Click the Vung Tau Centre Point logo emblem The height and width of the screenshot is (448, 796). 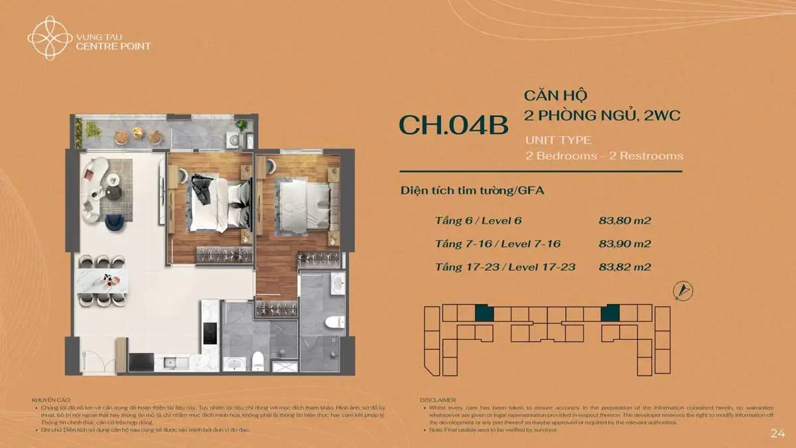(x=50, y=37)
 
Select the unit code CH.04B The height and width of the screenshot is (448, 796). (x=453, y=125)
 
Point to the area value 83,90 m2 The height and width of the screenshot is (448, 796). (x=624, y=244)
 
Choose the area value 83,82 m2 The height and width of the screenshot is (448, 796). (x=624, y=267)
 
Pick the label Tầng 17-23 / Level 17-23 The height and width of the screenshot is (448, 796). (x=505, y=267)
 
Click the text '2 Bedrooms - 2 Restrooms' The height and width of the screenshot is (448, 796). (x=604, y=156)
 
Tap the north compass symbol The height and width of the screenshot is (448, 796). (x=683, y=290)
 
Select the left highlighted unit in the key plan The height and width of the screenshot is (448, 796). (x=484, y=313)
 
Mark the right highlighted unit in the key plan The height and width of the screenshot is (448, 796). (x=610, y=313)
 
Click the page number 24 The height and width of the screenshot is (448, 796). (x=777, y=433)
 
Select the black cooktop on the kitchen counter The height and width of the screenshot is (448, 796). (x=210, y=332)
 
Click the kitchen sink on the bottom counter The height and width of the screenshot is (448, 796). (x=170, y=362)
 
